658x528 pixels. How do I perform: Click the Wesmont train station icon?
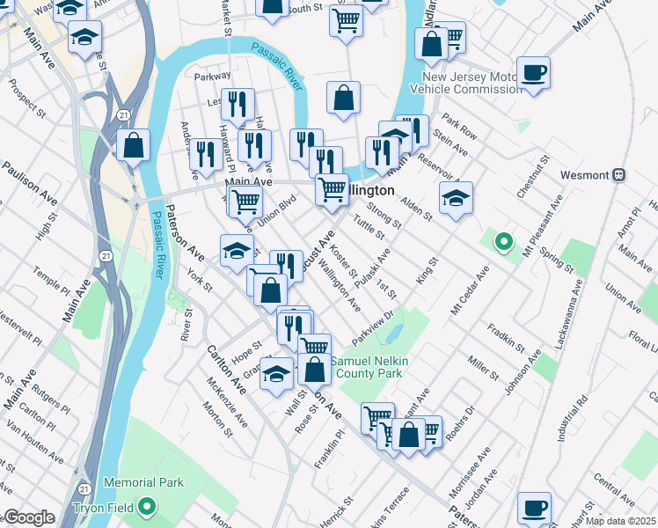[x=618, y=174]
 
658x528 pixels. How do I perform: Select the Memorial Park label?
[x=143, y=482]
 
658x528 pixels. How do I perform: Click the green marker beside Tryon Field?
[x=146, y=507]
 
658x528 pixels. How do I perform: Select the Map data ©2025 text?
[x=620, y=521]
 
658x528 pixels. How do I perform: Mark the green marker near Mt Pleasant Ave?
[x=503, y=240]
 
